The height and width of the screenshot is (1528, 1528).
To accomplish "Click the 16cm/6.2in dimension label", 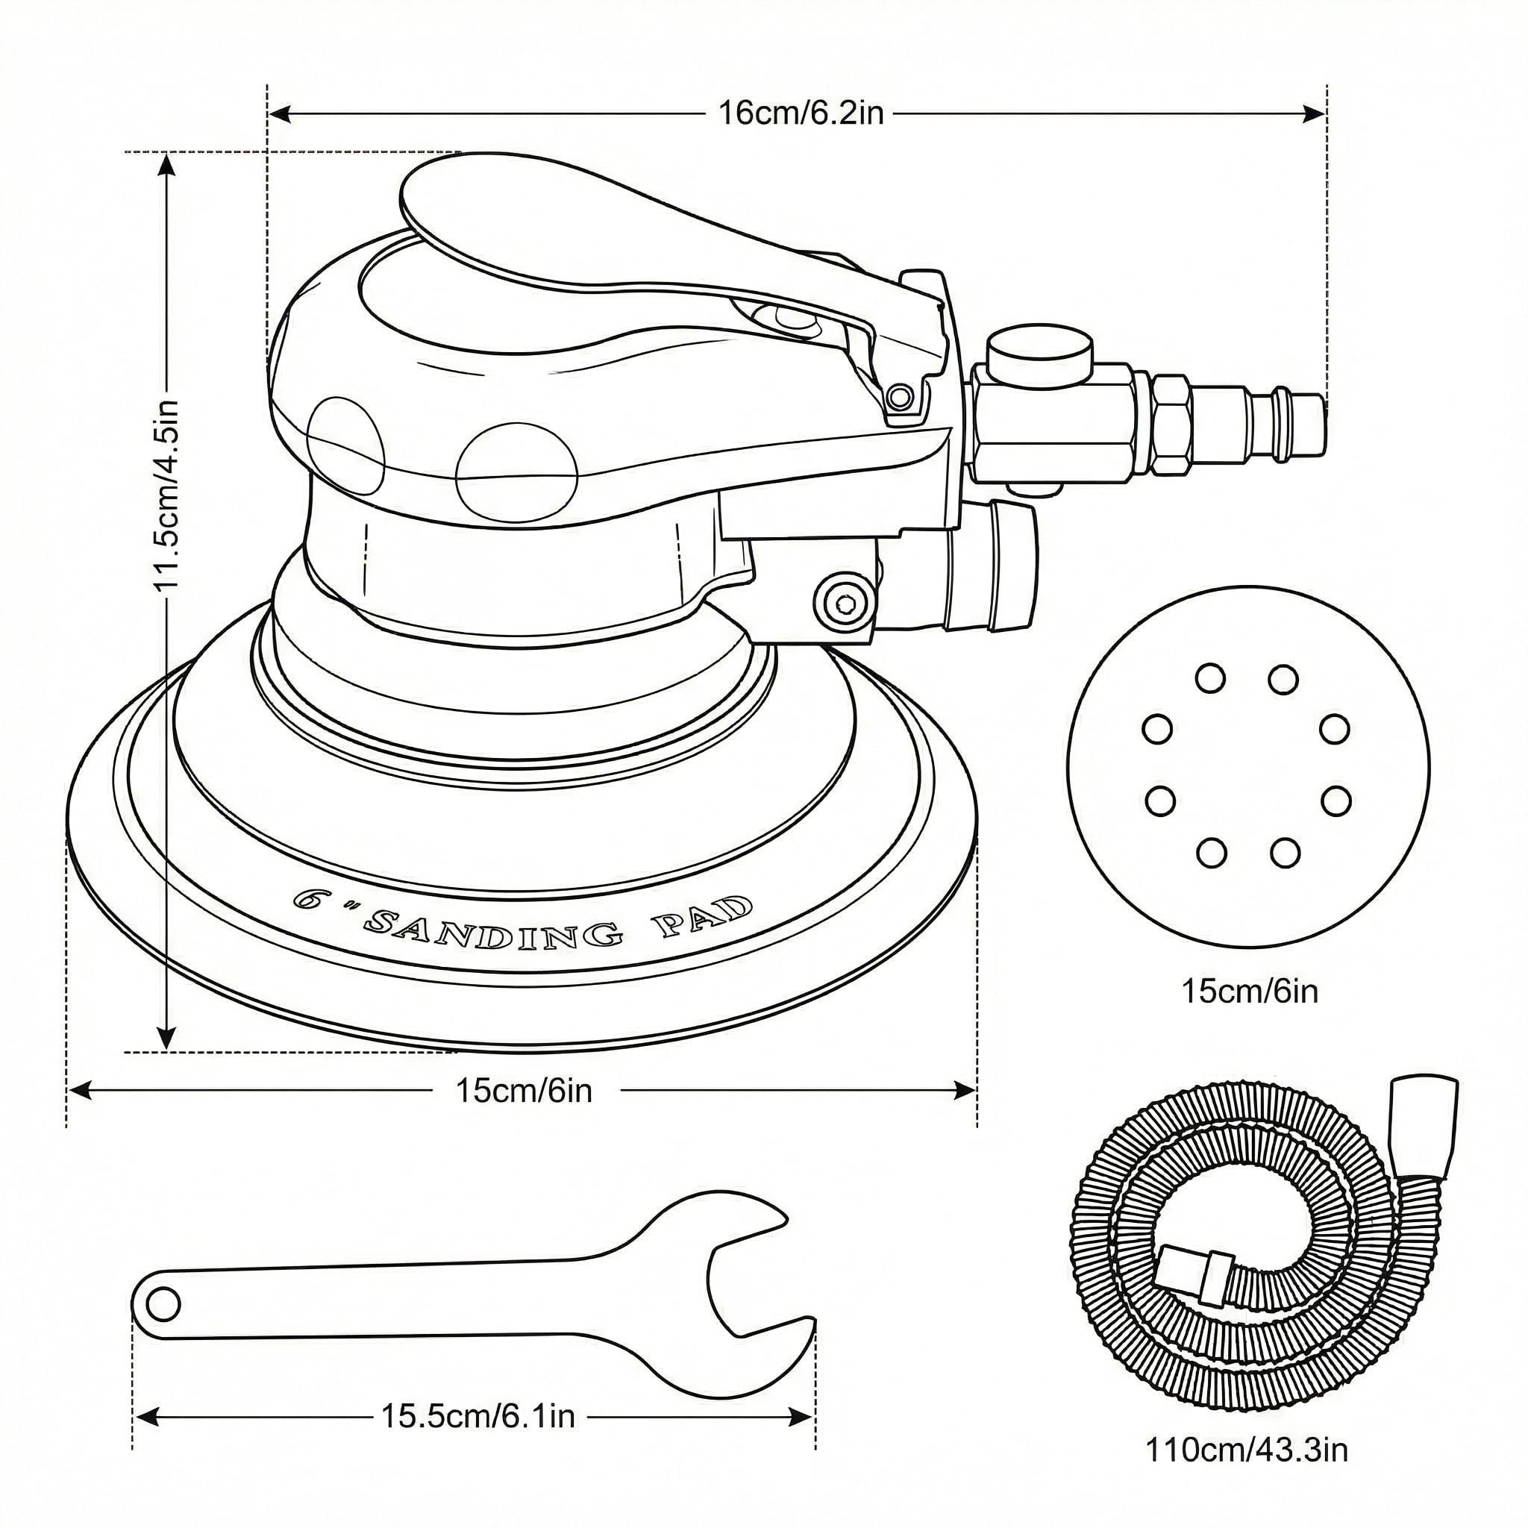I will coord(800,114).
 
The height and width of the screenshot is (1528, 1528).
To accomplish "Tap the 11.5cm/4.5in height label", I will coord(168,495).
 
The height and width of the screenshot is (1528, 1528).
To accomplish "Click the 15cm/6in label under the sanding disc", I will coord(1250,991).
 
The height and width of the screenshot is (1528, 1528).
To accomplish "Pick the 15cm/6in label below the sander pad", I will coord(524,1091).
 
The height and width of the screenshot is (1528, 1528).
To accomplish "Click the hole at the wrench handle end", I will coord(163,1304).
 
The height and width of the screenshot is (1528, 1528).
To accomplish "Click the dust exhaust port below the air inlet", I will coord(997,567).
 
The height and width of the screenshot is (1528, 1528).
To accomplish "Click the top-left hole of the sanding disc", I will coord(1210,677).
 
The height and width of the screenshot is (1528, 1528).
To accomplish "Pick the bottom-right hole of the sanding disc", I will coord(1285,854).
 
